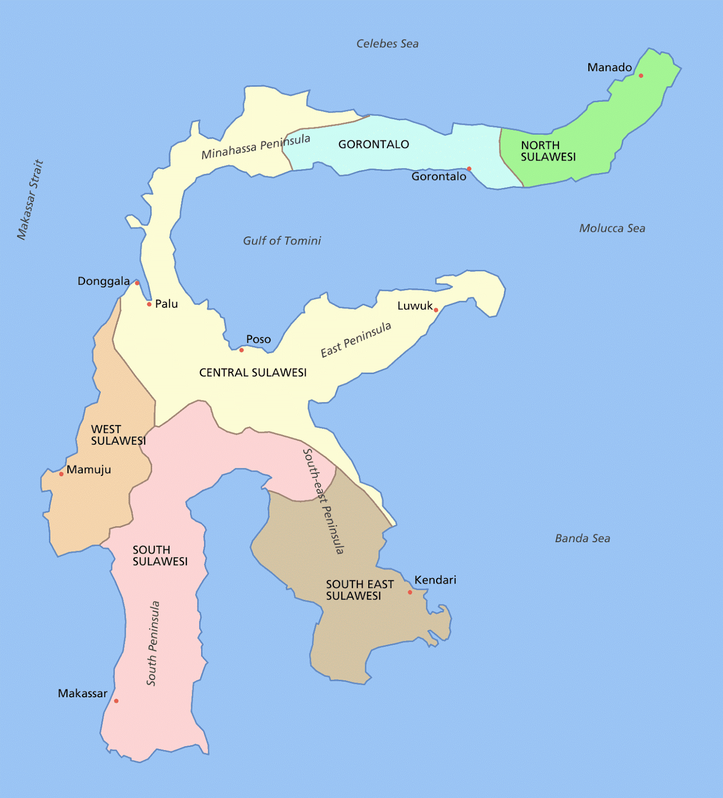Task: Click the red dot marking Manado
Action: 641,76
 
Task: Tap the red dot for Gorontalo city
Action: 469,169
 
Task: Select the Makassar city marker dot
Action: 116,701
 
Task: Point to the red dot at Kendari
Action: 410,592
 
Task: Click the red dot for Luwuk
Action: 436,310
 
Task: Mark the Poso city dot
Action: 241,350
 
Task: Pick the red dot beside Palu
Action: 149,304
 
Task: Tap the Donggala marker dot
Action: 137,283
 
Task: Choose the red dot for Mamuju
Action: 61,474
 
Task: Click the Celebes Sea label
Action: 387,44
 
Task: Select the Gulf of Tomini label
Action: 282,241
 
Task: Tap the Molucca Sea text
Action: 612,228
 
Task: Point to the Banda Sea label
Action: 582,539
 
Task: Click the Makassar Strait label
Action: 30,199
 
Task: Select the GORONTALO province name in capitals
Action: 374,145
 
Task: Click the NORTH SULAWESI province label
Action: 548,151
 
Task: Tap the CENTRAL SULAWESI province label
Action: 253,373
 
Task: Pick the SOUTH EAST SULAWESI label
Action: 360,590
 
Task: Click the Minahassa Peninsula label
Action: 255,147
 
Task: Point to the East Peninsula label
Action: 356,340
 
